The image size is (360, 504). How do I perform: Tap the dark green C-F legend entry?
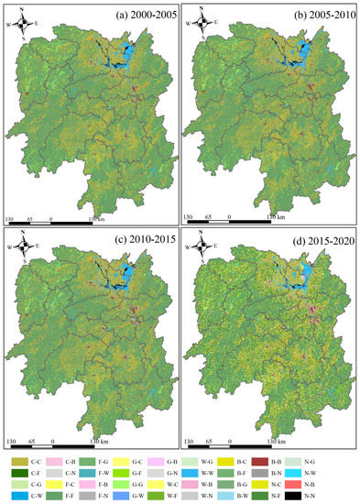[17, 466]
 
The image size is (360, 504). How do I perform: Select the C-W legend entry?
[17, 496]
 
